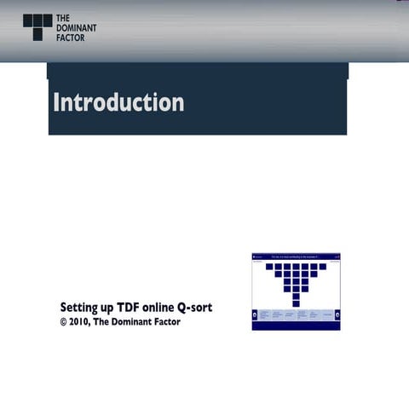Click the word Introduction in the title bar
118,102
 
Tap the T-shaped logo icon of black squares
37,26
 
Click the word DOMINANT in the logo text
77,27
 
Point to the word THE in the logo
63,18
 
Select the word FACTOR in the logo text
71,37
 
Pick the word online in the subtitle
166,307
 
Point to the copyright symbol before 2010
64,322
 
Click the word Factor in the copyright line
166,322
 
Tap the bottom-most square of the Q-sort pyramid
296,303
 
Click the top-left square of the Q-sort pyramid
268,266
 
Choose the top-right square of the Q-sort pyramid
323,266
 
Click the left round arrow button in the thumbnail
256,317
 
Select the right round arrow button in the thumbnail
337,317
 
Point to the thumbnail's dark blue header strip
296,256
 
